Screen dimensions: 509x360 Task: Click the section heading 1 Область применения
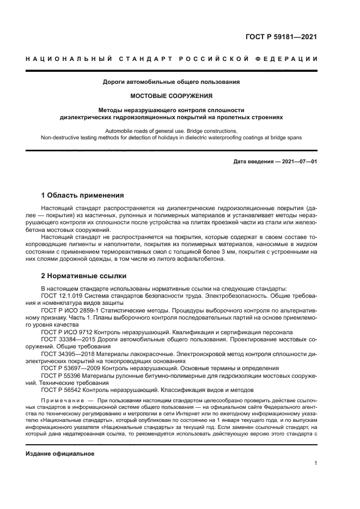[x=82, y=195]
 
